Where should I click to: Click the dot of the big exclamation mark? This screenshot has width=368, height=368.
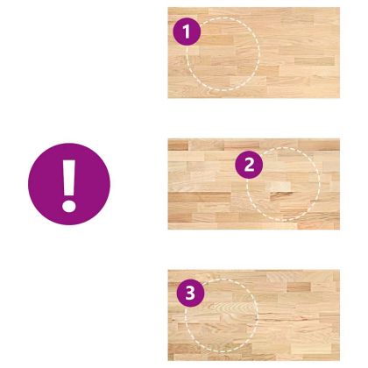point(69,206)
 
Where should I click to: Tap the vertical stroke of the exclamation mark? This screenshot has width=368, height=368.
point(69,178)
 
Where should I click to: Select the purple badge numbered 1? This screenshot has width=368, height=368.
point(187,32)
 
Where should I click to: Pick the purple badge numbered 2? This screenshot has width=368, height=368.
point(249,165)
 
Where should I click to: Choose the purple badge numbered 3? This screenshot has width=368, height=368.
point(190,293)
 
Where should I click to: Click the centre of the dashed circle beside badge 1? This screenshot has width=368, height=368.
point(223,53)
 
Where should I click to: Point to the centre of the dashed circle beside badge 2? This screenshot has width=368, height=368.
point(283,184)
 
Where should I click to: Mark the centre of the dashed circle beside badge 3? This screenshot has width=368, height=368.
point(222,315)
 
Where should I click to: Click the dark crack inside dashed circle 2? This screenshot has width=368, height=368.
point(283,195)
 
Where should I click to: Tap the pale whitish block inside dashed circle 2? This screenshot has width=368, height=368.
point(279,186)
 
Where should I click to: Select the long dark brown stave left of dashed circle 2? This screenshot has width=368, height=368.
point(200,197)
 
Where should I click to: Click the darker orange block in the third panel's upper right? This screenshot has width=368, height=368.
point(299,287)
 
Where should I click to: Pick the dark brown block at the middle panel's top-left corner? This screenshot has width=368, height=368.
point(178,145)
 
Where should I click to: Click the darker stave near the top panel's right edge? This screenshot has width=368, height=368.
point(315,61)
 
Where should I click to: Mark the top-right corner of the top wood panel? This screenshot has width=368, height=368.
point(340,8)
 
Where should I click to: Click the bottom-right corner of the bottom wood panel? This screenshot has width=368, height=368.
point(340,361)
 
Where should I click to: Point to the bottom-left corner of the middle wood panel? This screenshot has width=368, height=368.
point(168,230)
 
